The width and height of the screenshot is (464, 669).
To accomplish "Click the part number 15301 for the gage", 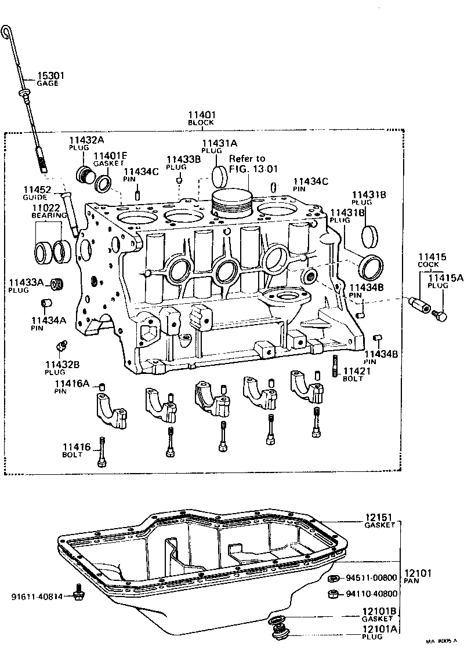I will tap(50, 75).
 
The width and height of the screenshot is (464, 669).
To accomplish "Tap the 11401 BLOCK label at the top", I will tap(201, 118).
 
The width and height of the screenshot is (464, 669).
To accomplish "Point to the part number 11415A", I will tap(445, 278).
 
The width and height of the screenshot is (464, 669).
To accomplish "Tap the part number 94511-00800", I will tap(371, 578).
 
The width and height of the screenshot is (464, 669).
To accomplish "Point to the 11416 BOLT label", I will tap(77, 450).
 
